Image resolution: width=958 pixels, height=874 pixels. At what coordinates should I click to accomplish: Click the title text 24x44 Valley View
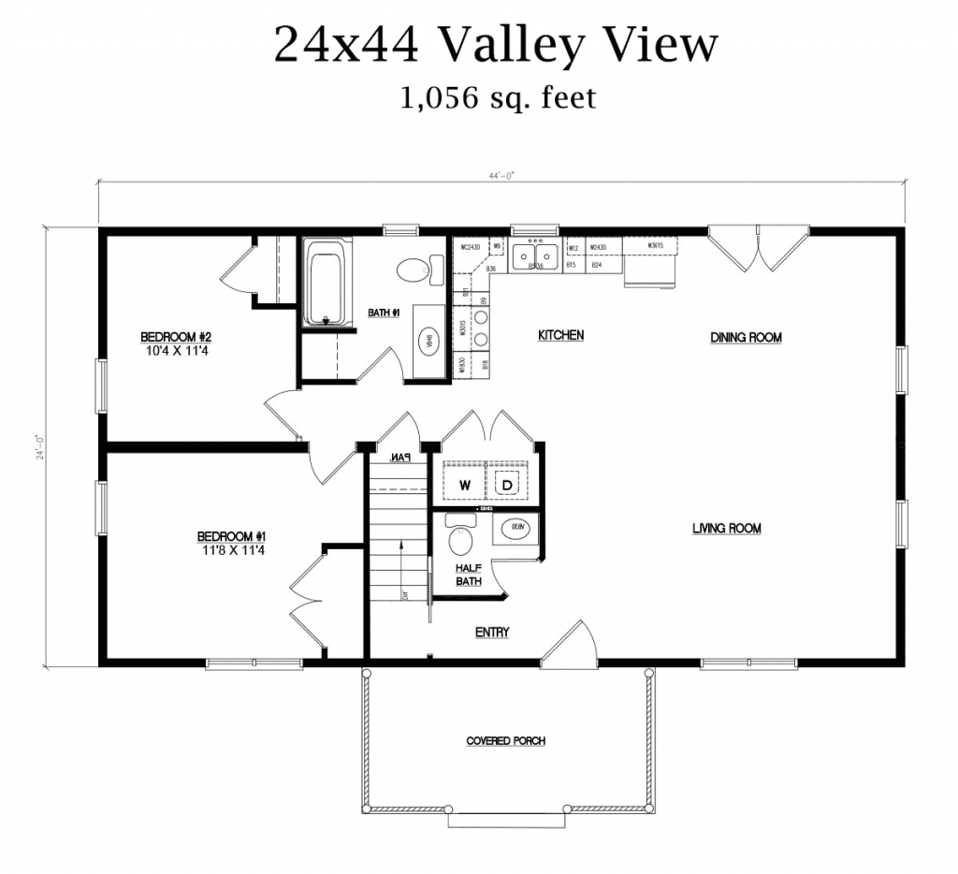(x=496, y=45)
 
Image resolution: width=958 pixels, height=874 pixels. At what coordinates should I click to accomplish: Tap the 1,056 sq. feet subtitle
(x=497, y=97)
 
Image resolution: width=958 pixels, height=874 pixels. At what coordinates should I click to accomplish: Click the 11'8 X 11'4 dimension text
(x=231, y=550)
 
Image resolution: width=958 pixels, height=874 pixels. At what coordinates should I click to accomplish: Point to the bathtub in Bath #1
(x=327, y=283)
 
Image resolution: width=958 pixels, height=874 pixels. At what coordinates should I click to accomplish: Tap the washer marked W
(x=464, y=485)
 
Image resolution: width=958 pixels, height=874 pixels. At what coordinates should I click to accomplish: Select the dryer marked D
(x=506, y=485)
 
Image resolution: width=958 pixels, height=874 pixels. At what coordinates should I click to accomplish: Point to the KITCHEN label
(x=560, y=335)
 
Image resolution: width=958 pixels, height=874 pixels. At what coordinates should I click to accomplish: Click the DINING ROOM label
(x=746, y=337)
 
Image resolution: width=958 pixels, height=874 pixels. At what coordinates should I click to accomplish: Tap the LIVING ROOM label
(x=727, y=529)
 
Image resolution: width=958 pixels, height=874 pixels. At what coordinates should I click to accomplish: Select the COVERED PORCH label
(x=506, y=741)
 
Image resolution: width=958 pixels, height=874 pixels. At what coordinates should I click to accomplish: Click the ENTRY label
(x=492, y=633)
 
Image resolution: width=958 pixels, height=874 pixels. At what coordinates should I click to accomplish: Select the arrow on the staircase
(x=399, y=561)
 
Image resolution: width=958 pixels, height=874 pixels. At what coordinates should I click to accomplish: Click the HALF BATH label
(x=469, y=575)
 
